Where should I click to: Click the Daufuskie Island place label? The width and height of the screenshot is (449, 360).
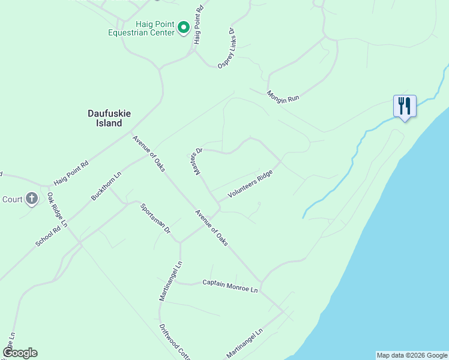(x=105, y=118)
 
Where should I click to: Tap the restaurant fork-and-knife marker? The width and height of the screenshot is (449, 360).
(x=404, y=106)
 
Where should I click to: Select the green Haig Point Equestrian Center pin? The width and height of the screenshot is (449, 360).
(x=184, y=27)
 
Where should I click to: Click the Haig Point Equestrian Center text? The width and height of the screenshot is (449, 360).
(x=141, y=28)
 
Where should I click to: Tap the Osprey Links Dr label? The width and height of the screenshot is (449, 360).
(x=226, y=47)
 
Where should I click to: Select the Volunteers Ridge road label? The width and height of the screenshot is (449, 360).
(x=250, y=184)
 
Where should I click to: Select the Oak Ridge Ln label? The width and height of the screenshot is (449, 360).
(x=58, y=209)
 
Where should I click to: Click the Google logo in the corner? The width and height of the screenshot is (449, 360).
(x=20, y=352)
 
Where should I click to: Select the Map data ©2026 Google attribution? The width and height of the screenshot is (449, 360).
(x=412, y=355)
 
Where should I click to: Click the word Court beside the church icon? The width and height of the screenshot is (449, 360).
(x=12, y=200)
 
